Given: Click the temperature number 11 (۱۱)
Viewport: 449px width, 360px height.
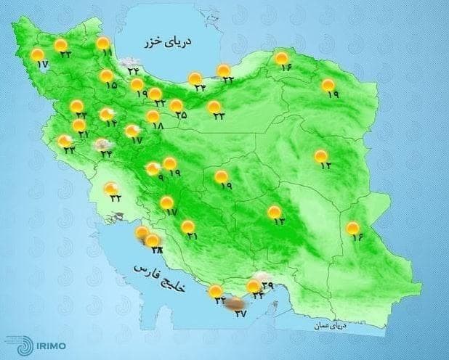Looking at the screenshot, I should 108,53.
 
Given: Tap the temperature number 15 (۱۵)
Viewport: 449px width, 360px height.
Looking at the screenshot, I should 111,86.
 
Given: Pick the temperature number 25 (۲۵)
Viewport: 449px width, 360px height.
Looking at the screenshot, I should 181,115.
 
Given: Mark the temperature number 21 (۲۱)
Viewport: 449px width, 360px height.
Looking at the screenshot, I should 191,237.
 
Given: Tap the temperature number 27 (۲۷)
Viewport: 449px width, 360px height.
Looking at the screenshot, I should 241,314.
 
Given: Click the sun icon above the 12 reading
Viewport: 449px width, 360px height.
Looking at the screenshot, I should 320,155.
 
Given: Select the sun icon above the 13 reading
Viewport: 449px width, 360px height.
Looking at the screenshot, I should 274,212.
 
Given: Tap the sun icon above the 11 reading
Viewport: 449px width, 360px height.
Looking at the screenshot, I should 103,43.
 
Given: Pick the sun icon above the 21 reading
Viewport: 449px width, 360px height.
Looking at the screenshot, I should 187,226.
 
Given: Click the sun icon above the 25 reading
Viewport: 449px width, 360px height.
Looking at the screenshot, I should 176,105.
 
